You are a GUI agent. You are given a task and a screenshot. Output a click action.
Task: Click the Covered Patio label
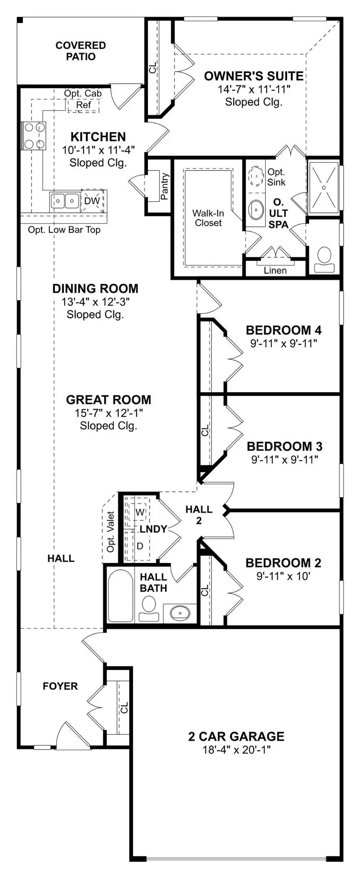click(80, 51)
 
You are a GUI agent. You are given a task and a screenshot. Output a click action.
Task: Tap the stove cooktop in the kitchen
click(35, 136)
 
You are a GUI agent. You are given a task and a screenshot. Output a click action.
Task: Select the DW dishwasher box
click(93, 201)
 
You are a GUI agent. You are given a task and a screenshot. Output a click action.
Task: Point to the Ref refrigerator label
click(84, 105)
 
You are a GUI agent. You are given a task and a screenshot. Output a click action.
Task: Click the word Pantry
click(165, 187)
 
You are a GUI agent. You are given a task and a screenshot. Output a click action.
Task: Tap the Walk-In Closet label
click(208, 218)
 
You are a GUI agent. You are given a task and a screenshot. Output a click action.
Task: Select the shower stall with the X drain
click(323, 187)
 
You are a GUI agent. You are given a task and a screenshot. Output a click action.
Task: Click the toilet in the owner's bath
click(324, 260)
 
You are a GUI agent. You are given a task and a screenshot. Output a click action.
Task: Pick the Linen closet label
click(275, 271)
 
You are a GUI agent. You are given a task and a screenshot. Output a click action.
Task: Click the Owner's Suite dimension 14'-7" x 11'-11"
click(254, 89)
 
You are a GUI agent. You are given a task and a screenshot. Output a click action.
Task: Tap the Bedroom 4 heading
click(284, 330)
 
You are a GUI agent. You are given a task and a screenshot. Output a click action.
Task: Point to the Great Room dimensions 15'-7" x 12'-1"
click(109, 413)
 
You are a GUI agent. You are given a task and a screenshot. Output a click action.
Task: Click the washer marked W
click(139, 512)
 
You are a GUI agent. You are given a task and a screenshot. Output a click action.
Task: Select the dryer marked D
click(139, 546)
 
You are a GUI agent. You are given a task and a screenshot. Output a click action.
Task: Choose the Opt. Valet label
click(111, 531)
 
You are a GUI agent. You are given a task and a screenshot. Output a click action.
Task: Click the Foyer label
click(60, 686)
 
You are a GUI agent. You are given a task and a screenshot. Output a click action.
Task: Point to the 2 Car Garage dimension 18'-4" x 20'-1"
click(236, 750)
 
